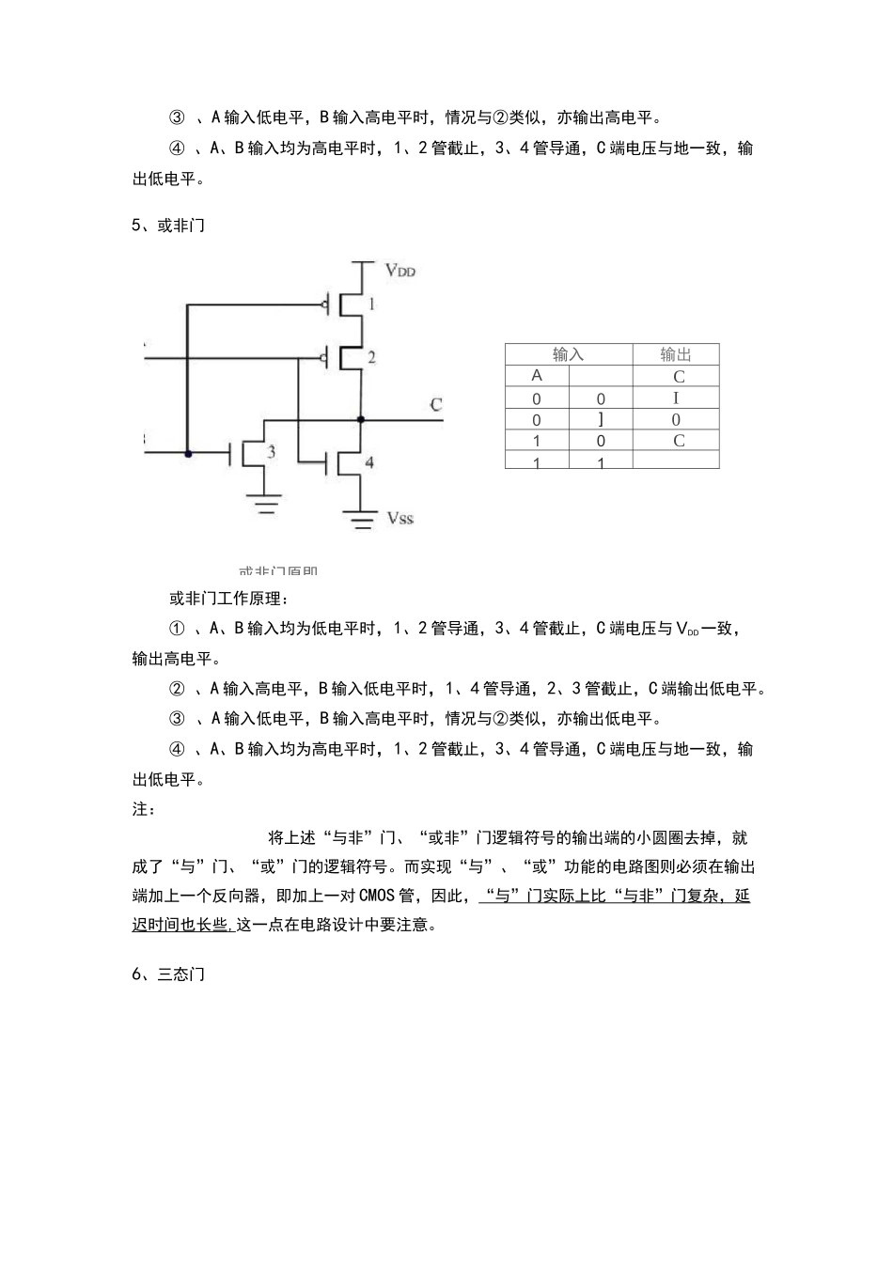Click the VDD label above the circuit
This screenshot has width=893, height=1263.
click(399, 271)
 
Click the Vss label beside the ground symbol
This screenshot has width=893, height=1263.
click(399, 518)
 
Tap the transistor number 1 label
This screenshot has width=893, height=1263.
click(371, 304)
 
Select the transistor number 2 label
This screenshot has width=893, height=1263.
click(371, 357)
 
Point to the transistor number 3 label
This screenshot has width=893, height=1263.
click(271, 452)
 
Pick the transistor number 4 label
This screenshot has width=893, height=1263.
click(369, 462)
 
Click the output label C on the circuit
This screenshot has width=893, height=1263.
click(435, 405)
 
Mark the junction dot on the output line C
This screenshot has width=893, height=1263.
click(361, 419)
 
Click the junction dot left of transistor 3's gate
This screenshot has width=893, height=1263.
click(188, 454)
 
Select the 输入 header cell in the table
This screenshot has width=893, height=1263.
click(568, 354)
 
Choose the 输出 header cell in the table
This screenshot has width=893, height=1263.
click(675, 354)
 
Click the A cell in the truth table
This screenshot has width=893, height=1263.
click(537, 376)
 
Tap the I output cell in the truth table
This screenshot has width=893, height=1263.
click(676, 398)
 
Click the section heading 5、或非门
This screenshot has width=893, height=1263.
click(168, 226)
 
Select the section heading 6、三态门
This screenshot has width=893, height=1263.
click(168, 975)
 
